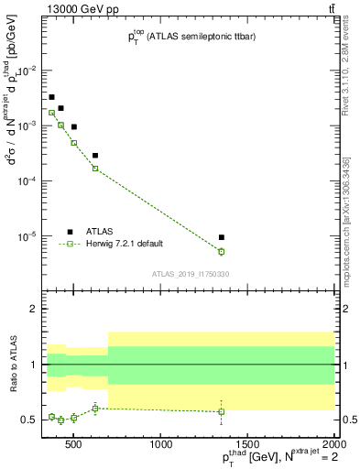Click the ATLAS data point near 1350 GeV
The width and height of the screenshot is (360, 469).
(222, 237)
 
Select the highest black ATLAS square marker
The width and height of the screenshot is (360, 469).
(51, 97)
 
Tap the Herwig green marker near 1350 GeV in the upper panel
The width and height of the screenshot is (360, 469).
(222, 251)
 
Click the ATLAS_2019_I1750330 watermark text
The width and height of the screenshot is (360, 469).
(191, 274)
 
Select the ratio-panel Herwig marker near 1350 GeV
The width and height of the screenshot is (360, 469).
(222, 411)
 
